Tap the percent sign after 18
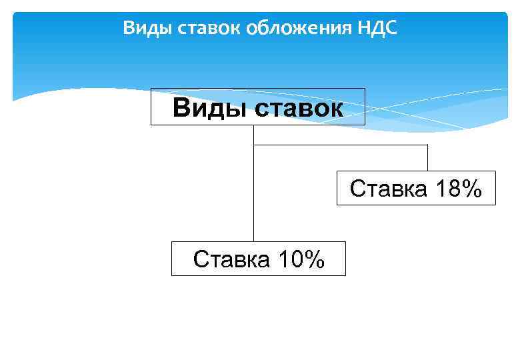point(471,188)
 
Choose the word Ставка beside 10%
point(231,259)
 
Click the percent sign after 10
point(313,259)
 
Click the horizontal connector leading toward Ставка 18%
point(340,145)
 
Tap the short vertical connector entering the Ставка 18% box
point(427,158)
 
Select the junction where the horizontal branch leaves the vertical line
point(254,145)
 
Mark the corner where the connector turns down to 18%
point(427,145)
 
